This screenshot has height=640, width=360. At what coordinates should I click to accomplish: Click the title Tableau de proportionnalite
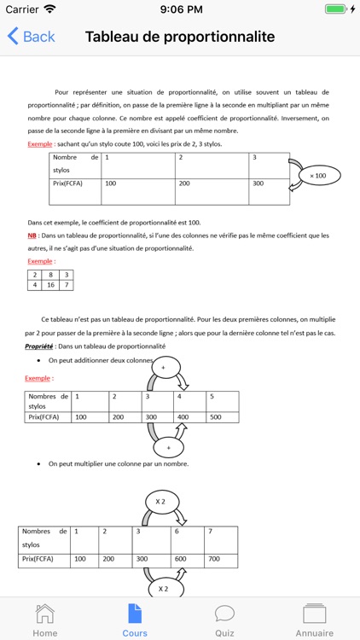(180, 37)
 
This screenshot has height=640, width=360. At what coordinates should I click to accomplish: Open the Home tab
(44, 620)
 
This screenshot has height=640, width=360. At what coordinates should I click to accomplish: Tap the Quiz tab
(224, 620)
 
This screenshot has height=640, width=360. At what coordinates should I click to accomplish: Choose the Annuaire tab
(315, 620)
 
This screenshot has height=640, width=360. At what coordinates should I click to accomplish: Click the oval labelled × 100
(317, 176)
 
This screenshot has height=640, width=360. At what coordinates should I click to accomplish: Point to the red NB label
(32, 236)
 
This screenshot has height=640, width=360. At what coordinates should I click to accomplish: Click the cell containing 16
(51, 285)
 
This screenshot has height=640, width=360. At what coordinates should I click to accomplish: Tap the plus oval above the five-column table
(163, 367)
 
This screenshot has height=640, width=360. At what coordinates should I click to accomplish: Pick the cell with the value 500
(222, 417)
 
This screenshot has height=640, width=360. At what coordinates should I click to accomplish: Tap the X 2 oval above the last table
(160, 500)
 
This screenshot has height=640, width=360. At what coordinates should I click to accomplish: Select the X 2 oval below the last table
(162, 589)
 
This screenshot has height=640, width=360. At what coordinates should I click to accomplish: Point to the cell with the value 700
(221, 560)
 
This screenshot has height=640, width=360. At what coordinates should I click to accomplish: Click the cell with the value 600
(187, 560)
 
